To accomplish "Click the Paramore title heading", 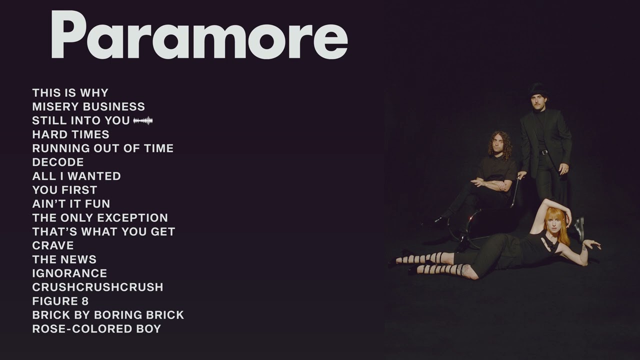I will tap(199, 35).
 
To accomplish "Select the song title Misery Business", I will tap(88, 106).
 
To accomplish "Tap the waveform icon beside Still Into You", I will tap(143, 120).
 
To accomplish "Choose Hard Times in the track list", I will tap(70, 134).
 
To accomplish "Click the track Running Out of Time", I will tap(102, 148).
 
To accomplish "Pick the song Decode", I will tap(58, 162).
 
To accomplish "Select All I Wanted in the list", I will tap(76, 176).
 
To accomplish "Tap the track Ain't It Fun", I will tap(71, 204).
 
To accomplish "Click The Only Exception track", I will tap(100, 218).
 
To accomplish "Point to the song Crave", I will tap(53, 245).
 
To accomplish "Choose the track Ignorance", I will tap(69, 273).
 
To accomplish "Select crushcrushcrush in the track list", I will tap(97, 287).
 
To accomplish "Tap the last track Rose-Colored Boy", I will tap(96, 329).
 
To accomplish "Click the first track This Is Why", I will tap(70, 93).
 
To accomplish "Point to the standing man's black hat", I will tap(538, 90).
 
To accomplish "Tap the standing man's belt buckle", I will tap(543, 152).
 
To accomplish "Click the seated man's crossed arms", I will tap(492, 184).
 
